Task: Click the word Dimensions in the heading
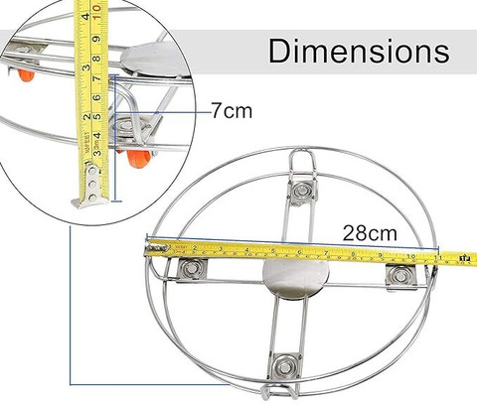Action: coord(359,51)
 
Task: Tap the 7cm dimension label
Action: coord(232,110)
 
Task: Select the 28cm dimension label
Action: coord(370,233)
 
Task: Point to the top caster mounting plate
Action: coord(302,192)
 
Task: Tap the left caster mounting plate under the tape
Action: coord(193,268)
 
